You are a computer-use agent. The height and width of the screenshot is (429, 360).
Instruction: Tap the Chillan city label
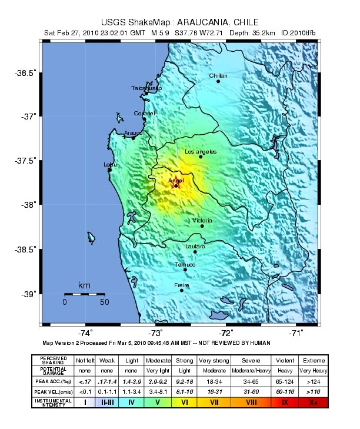point(218,76)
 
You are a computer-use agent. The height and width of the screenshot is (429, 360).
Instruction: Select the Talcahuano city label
point(146,88)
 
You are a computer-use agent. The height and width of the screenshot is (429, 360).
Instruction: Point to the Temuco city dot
point(185,270)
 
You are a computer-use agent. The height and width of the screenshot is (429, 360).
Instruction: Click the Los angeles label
point(201,152)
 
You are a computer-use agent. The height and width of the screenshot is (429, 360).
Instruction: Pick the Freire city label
point(182,285)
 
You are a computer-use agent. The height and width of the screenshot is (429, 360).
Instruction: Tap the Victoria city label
point(202,220)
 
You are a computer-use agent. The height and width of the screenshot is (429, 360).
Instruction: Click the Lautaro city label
point(195,246)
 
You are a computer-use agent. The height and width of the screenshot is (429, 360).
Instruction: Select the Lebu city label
point(110,165)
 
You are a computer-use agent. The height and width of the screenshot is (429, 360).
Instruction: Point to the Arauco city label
point(133,133)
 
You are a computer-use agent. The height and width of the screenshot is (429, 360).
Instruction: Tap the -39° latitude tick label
point(28,294)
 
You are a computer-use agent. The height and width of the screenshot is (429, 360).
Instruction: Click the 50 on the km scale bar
point(104,302)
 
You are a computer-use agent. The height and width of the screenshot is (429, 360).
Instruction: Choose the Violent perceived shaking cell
point(285,360)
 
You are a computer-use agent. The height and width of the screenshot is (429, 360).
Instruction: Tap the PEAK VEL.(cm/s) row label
point(52,391)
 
